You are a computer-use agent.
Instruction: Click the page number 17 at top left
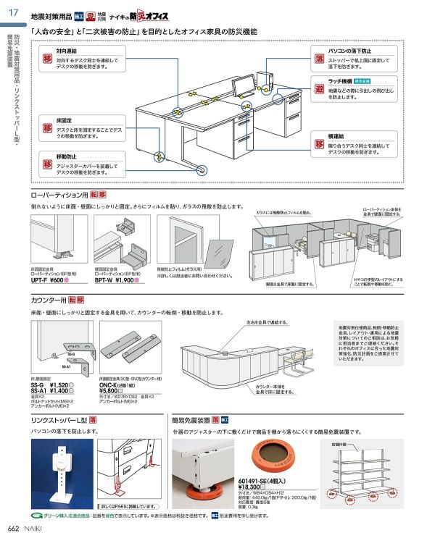pos(13,9)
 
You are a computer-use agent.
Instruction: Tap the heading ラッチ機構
pos(340,82)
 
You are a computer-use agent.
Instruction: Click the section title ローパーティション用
pos(59,195)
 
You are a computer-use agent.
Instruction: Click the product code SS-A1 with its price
pos(53,390)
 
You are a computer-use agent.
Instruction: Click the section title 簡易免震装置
pos(191,420)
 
